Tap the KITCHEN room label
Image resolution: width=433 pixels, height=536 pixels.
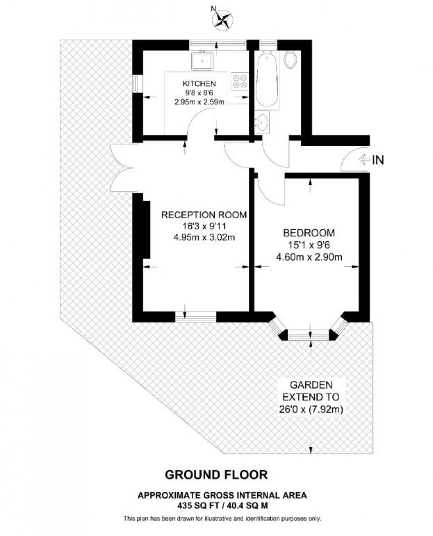click(x=199, y=83)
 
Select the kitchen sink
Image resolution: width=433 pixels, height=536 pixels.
click(x=202, y=61)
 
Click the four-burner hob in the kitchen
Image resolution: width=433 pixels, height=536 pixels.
click(x=240, y=81)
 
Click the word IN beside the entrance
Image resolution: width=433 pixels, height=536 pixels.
click(x=378, y=160)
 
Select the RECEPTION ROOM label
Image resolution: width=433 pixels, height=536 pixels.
click(x=204, y=215)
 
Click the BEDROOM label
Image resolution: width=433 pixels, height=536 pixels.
click(x=309, y=233)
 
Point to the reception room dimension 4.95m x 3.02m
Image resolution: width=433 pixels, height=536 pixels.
click(x=204, y=237)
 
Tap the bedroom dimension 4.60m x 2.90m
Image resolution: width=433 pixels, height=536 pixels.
click(x=309, y=257)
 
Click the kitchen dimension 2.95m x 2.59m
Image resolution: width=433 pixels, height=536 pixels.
click(x=199, y=102)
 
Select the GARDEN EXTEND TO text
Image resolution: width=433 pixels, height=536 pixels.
click(x=311, y=391)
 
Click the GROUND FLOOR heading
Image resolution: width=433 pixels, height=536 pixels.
click(x=216, y=474)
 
